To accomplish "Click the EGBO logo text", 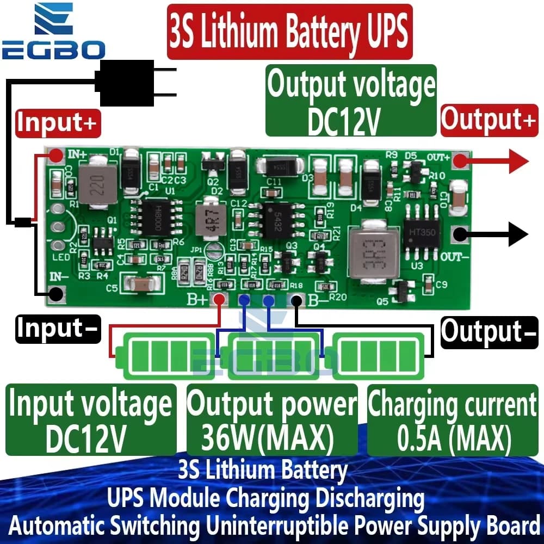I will coord(53,50).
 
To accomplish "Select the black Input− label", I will coord(58,329).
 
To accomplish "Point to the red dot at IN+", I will coord(55,157).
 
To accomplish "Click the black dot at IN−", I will coord(54,294).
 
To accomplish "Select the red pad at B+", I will coord(219,299).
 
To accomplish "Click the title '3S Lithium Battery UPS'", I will coord(288,31).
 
